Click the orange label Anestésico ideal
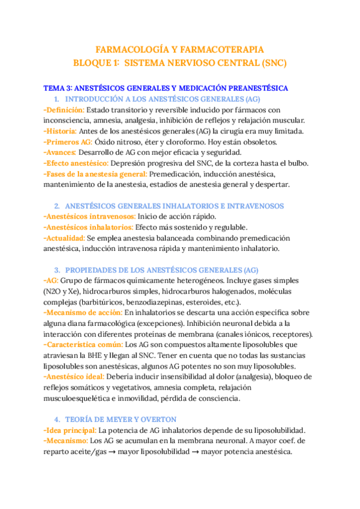pyautogui.click(x=74, y=376)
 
